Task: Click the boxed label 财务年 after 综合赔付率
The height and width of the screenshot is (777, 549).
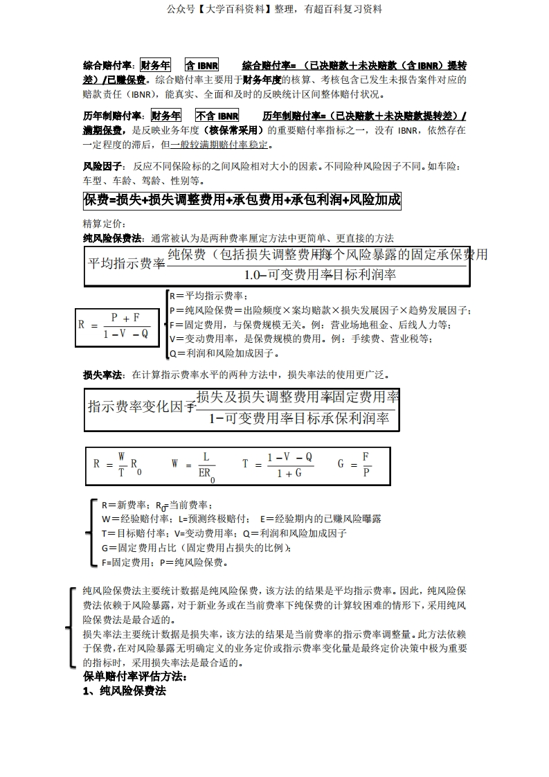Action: click(155, 66)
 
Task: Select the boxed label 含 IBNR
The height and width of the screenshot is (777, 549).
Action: click(202, 66)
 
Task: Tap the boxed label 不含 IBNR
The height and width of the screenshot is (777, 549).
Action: click(217, 116)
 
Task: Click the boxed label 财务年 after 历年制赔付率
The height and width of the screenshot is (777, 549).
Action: click(165, 116)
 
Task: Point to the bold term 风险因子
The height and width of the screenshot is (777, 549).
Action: click(102, 167)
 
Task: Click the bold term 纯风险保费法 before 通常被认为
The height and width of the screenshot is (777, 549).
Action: click(112, 238)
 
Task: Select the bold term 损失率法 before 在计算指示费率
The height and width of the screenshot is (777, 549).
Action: click(102, 375)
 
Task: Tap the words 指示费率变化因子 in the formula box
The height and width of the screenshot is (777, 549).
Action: click(142, 407)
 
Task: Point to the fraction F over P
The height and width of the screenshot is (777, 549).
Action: click(366, 464)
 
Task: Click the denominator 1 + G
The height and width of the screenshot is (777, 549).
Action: click(289, 473)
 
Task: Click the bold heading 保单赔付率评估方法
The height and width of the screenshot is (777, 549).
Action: click(135, 676)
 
